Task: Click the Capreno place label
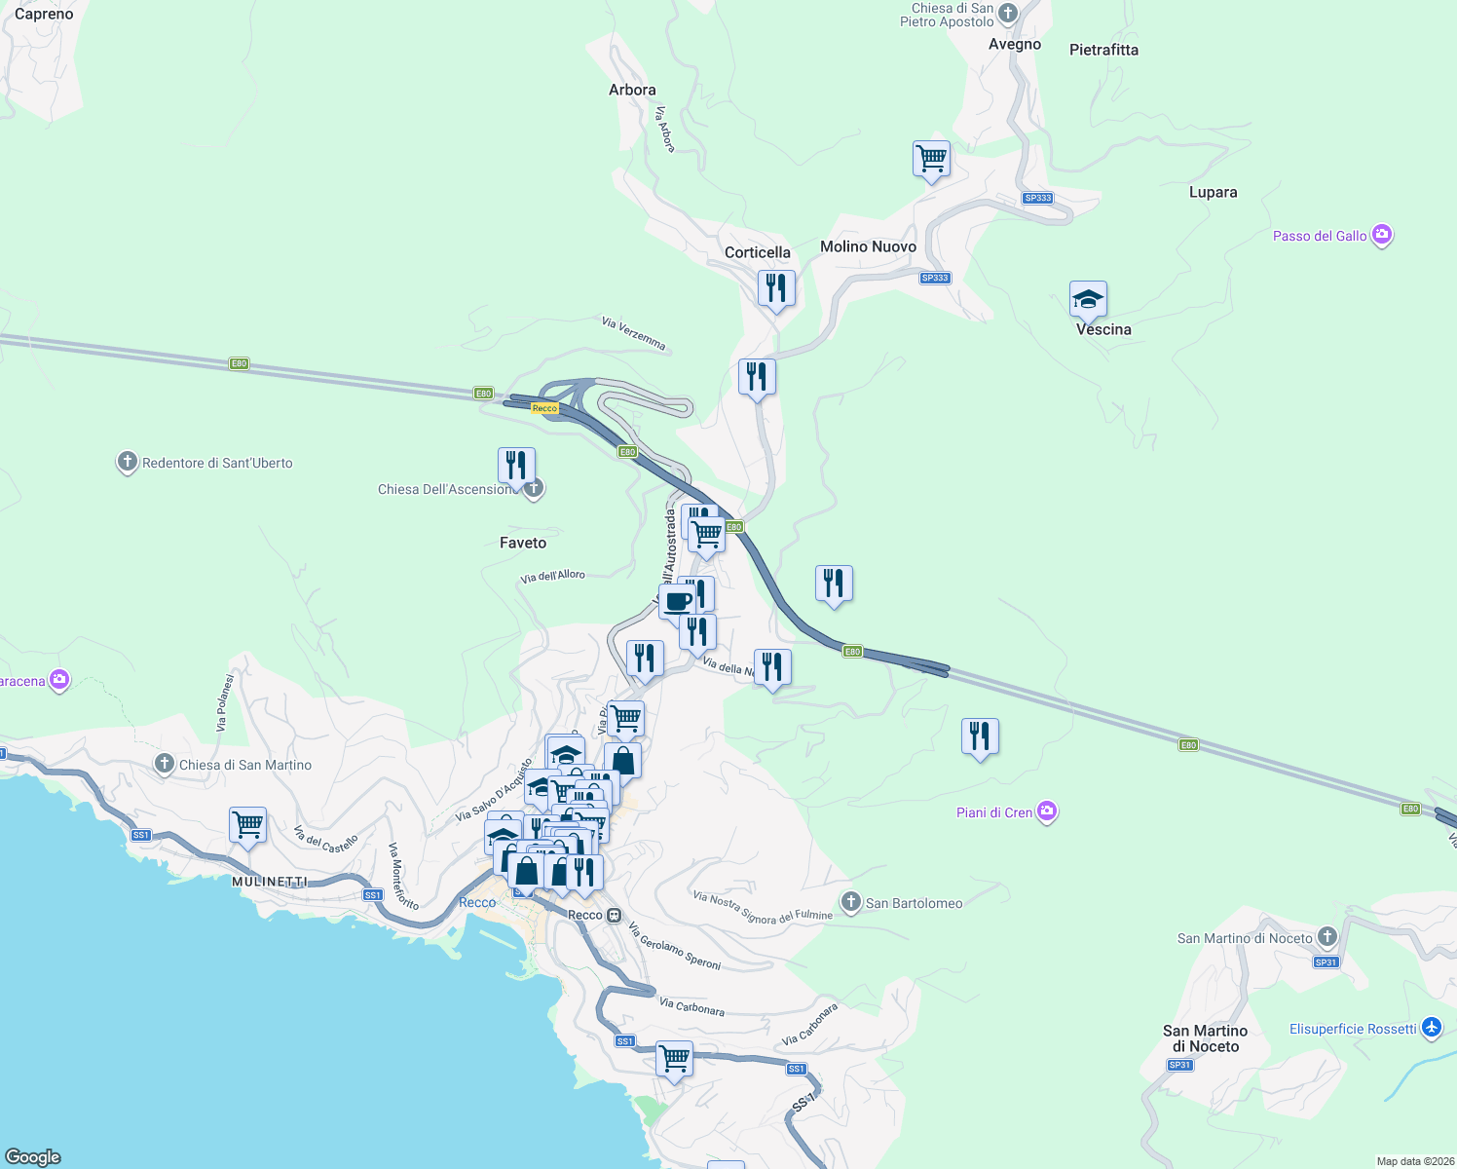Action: [x=44, y=15]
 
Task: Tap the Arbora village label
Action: [x=632, y=90]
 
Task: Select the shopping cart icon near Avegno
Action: [x=931, y=158]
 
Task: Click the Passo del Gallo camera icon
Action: [x=1381, y=235]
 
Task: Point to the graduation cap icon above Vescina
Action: [x=1087, y=299]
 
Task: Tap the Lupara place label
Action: [x=1213, y=192]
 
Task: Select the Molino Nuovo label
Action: [x=868, y=246]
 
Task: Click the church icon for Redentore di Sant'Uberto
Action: [x=127, y=462]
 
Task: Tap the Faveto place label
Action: [x=523, y=543]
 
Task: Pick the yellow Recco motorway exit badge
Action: [x=544, y=408]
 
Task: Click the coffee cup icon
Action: [x=678, y=601]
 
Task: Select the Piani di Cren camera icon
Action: [x=1047, y=811]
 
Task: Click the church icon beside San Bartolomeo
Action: [x=851, y=902]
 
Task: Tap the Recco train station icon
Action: [x=614, y=915]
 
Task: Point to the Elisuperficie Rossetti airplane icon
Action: [x=1431, y=1028]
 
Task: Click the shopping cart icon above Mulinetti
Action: [x=247, y=824]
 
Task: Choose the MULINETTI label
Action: [x=270, y=882]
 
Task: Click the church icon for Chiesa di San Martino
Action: [x=165, y=764]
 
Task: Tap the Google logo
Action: [x=33, y=1156]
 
